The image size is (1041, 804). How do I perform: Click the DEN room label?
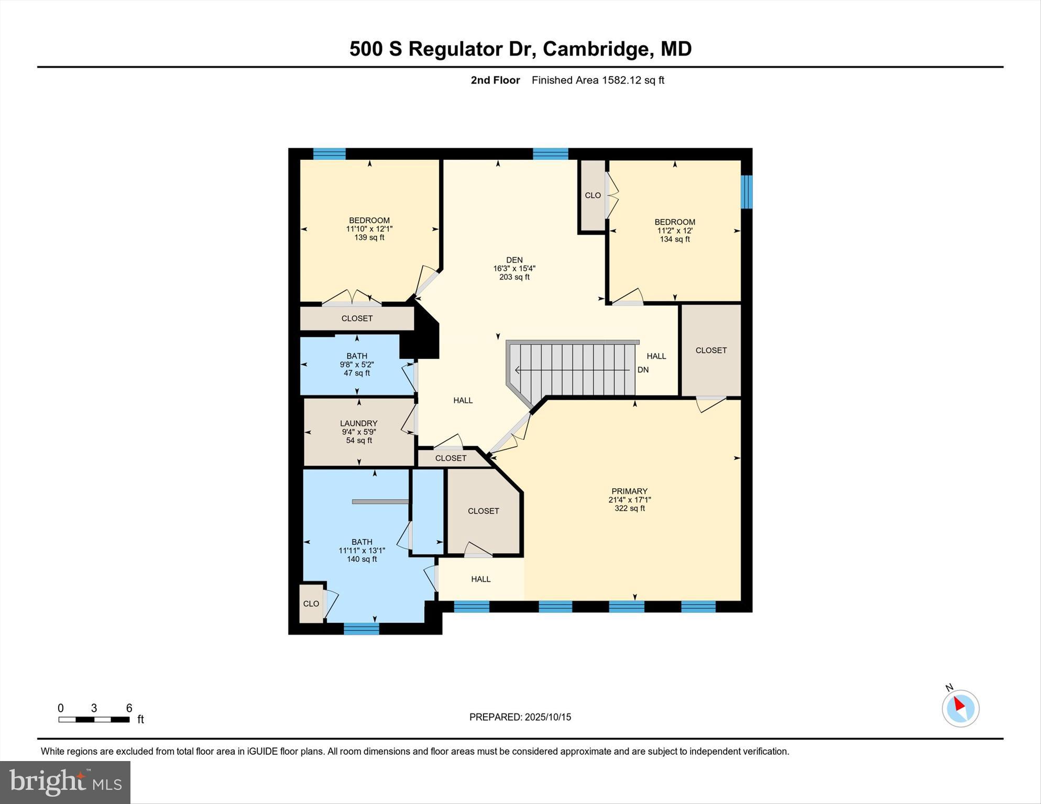tap(514, 260)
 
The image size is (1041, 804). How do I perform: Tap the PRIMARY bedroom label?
tap(629, 491)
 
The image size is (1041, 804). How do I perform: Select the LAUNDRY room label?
tap(358, 423)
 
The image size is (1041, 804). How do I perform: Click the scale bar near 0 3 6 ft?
tap(94, 719)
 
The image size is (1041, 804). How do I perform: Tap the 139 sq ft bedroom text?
tap(369, 237)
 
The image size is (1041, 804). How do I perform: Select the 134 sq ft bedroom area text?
tap(674, 239)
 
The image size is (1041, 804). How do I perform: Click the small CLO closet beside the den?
tap(593, 195)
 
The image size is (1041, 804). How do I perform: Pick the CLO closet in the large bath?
tap(311, 604)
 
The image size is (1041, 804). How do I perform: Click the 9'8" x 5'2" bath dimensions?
tap(356, 365)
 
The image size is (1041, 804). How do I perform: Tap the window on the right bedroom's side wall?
tap(747, 191)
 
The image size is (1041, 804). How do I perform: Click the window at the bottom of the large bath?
tap(361, 629)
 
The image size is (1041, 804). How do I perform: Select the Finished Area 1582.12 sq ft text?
tap(597, 80)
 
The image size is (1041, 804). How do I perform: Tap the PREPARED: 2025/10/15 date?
tap(520, 717)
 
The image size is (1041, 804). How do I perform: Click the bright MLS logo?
tap(65, 782)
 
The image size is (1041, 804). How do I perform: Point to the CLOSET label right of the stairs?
tap(710, 350)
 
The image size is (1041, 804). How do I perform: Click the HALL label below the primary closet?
tap(480, 579)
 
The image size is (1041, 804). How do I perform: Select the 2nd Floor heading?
tap(495, 80)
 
